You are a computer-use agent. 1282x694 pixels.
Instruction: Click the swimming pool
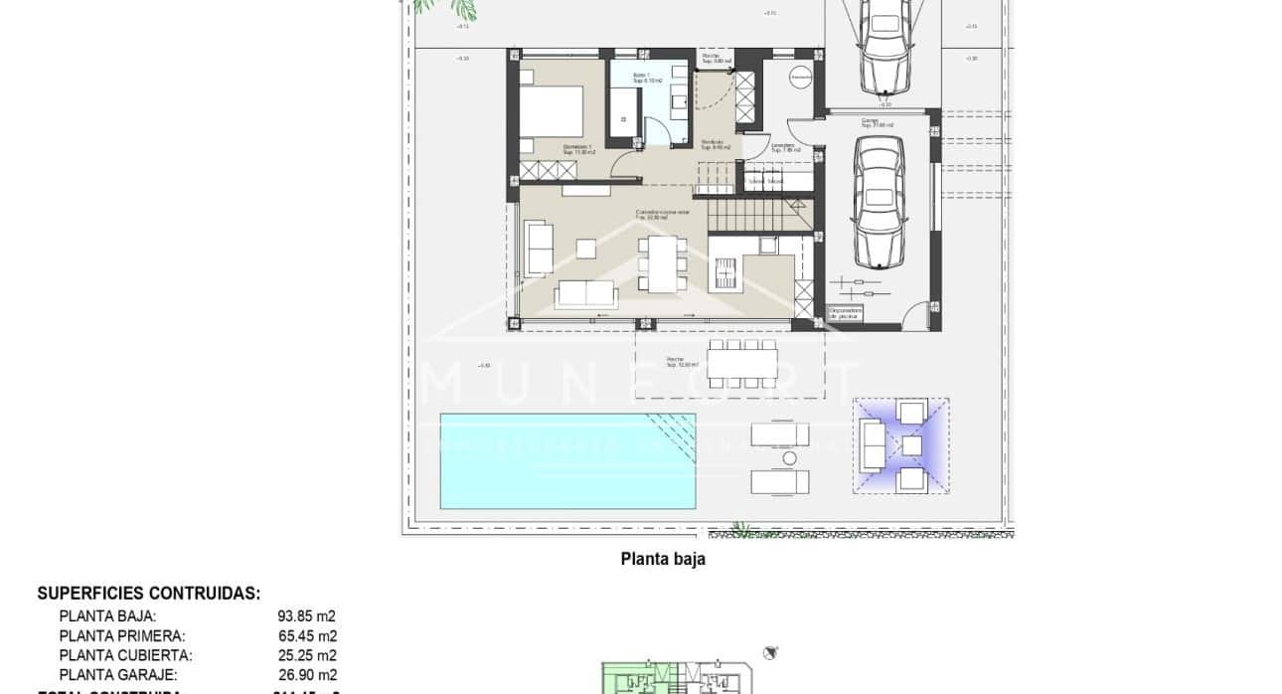coord(566,460)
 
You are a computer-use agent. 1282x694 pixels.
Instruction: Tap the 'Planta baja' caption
coord(663,559)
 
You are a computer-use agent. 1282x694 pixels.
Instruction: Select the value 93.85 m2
coord(306,616)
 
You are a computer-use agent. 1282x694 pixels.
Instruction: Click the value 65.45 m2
coord(306,636)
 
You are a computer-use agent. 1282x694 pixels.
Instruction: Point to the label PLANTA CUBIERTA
coord(125,655)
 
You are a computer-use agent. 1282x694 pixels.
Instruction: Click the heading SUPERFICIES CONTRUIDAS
coord(149,594)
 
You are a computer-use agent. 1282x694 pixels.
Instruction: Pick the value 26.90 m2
coord(306,674)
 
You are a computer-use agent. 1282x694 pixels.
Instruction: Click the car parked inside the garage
coord(880,201)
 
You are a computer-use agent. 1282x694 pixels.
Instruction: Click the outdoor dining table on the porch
coord(741,360)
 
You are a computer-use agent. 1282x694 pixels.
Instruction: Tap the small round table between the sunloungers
coord(790,458)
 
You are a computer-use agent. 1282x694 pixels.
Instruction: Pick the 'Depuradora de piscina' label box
coord(846,313)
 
